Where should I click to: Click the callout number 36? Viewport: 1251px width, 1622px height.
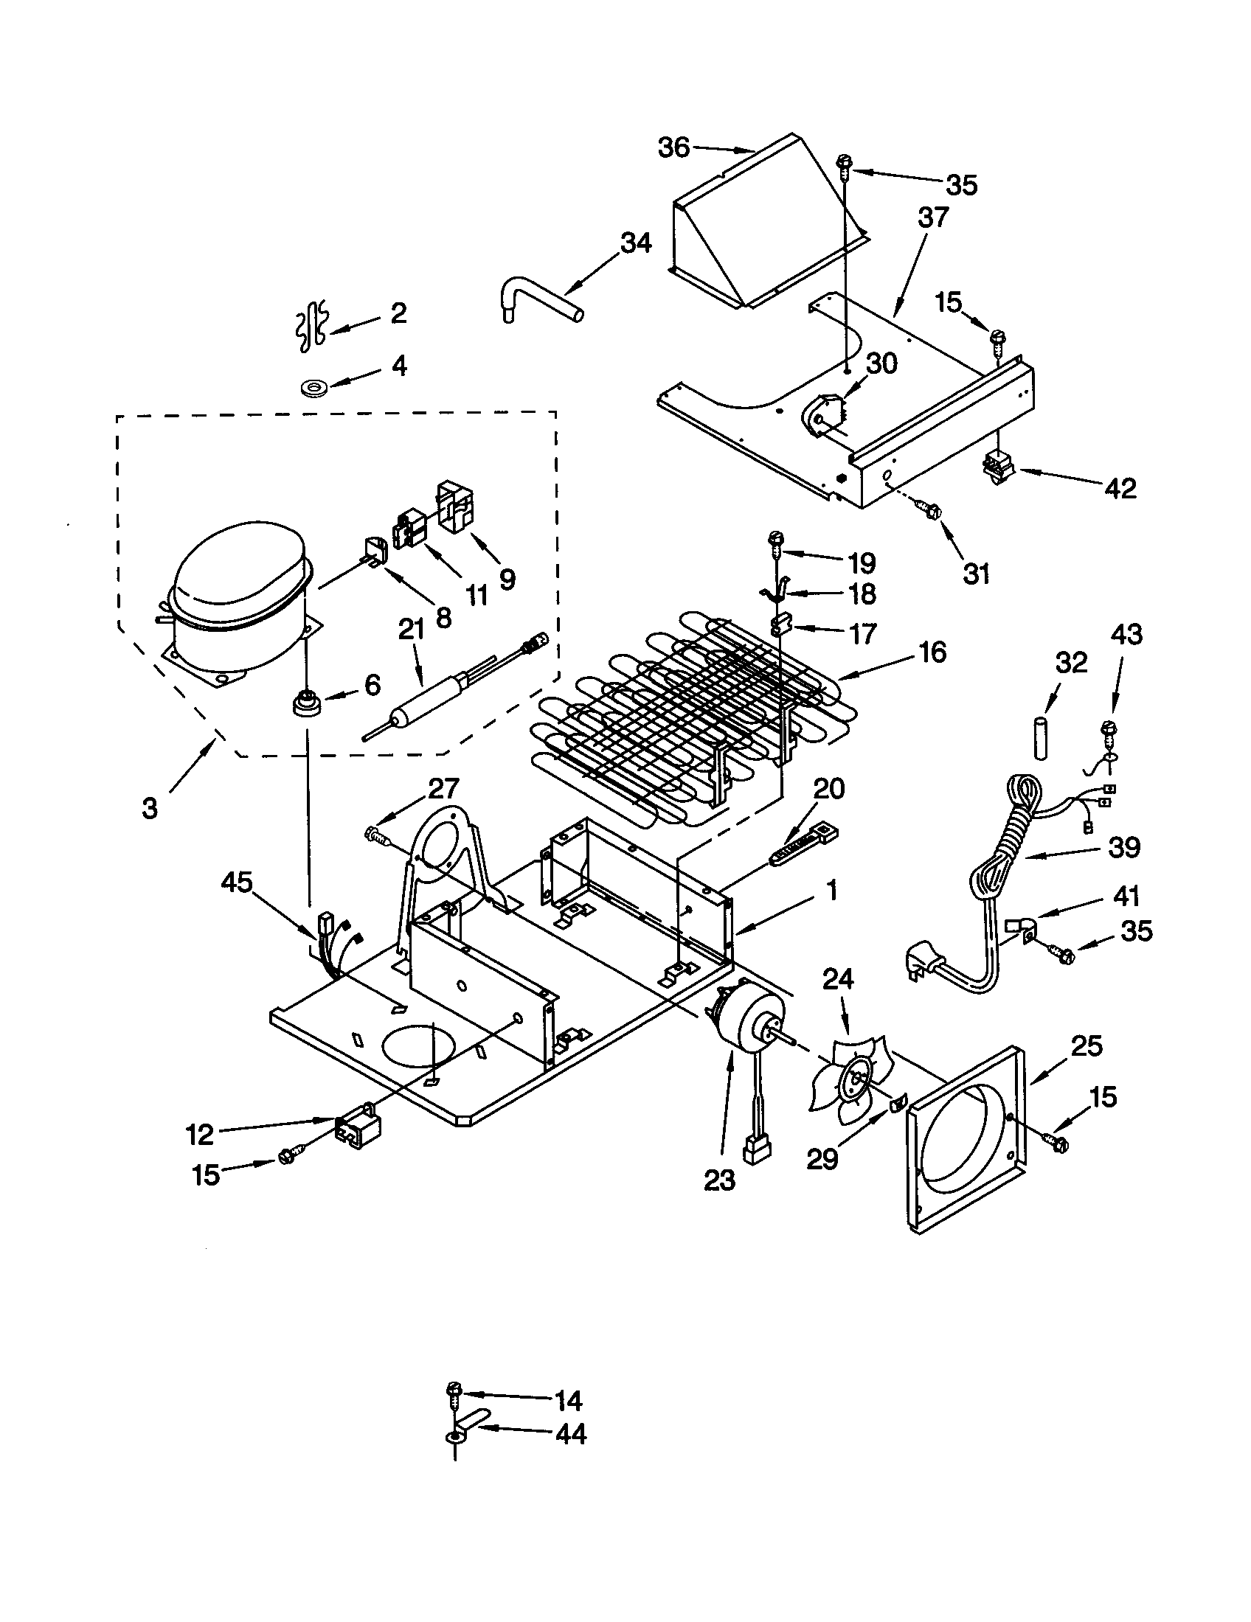[673, 147]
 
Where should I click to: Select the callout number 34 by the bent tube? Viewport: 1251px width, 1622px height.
[636, 243]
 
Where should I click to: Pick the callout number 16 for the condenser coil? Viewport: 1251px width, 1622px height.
[933, 651]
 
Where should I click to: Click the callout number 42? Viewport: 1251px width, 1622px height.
[1120, 488]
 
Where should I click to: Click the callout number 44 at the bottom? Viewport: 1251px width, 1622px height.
[570, 1434]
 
